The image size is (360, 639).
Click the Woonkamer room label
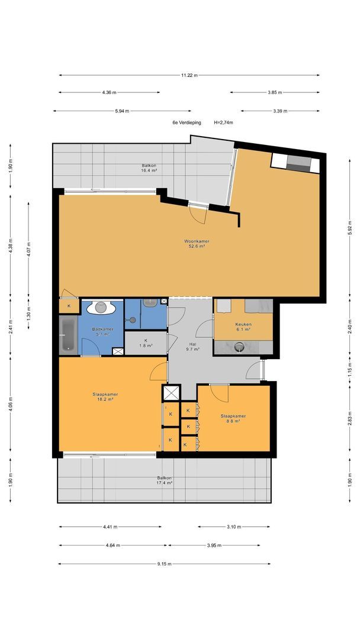click(x=197, y=243)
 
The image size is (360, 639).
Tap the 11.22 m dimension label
click(x=189, y=75)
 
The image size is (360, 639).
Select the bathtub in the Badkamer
click(x=68, y=335)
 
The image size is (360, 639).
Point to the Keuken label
click(x=243, y=327)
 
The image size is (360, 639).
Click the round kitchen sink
click(x=240, y=347)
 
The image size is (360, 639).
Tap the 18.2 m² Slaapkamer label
click(x=105, y=396)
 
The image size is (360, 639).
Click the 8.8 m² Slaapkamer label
click(x=233, y=418)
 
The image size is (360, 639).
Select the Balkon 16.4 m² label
click(x=149, y=168)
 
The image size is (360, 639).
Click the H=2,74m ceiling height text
click(x=223, y=122)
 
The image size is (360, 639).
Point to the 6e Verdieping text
click(x=187, y=122)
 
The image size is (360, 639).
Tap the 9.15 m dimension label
click(x=164, y=564)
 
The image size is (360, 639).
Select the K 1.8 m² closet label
click(x=146, y=343)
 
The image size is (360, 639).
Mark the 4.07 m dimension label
click(x=28, y=249)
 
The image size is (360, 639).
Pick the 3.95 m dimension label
click(x=214, y=546)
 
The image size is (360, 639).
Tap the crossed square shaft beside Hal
click(x=171, y=393)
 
